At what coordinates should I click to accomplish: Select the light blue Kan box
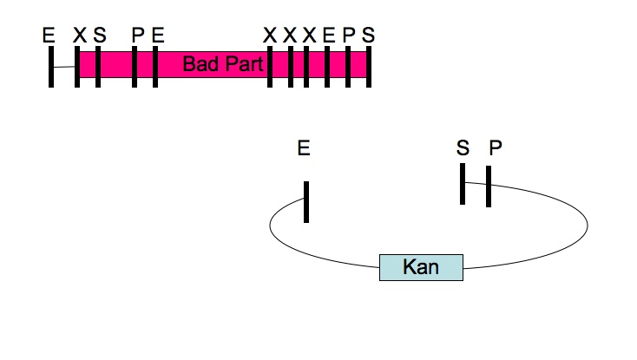[421, 267]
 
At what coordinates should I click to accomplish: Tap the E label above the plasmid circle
[303, 148]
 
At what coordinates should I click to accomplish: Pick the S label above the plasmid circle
[463, 148]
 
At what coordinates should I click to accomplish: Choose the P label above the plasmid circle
[495, 148]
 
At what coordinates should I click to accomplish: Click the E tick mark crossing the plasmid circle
[306, 201]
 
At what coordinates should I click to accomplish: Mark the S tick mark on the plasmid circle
[463, 184]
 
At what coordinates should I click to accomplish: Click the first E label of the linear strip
[49, 35]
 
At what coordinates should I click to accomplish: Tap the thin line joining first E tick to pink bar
[64, 66]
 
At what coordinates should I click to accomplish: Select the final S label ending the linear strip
[369, 35]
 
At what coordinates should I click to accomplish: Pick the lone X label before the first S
[79, 35]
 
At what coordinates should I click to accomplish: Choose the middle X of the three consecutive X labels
[290, 35]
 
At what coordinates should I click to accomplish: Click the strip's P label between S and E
[137, 35]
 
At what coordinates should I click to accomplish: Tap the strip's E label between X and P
[328, 35]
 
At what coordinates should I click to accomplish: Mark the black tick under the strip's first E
[51, 66]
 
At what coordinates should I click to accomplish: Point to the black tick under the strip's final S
[369, 66]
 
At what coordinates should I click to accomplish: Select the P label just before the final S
[348, 35]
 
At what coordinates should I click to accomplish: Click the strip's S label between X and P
[99, 35]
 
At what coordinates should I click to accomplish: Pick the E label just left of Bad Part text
[156, 35]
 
